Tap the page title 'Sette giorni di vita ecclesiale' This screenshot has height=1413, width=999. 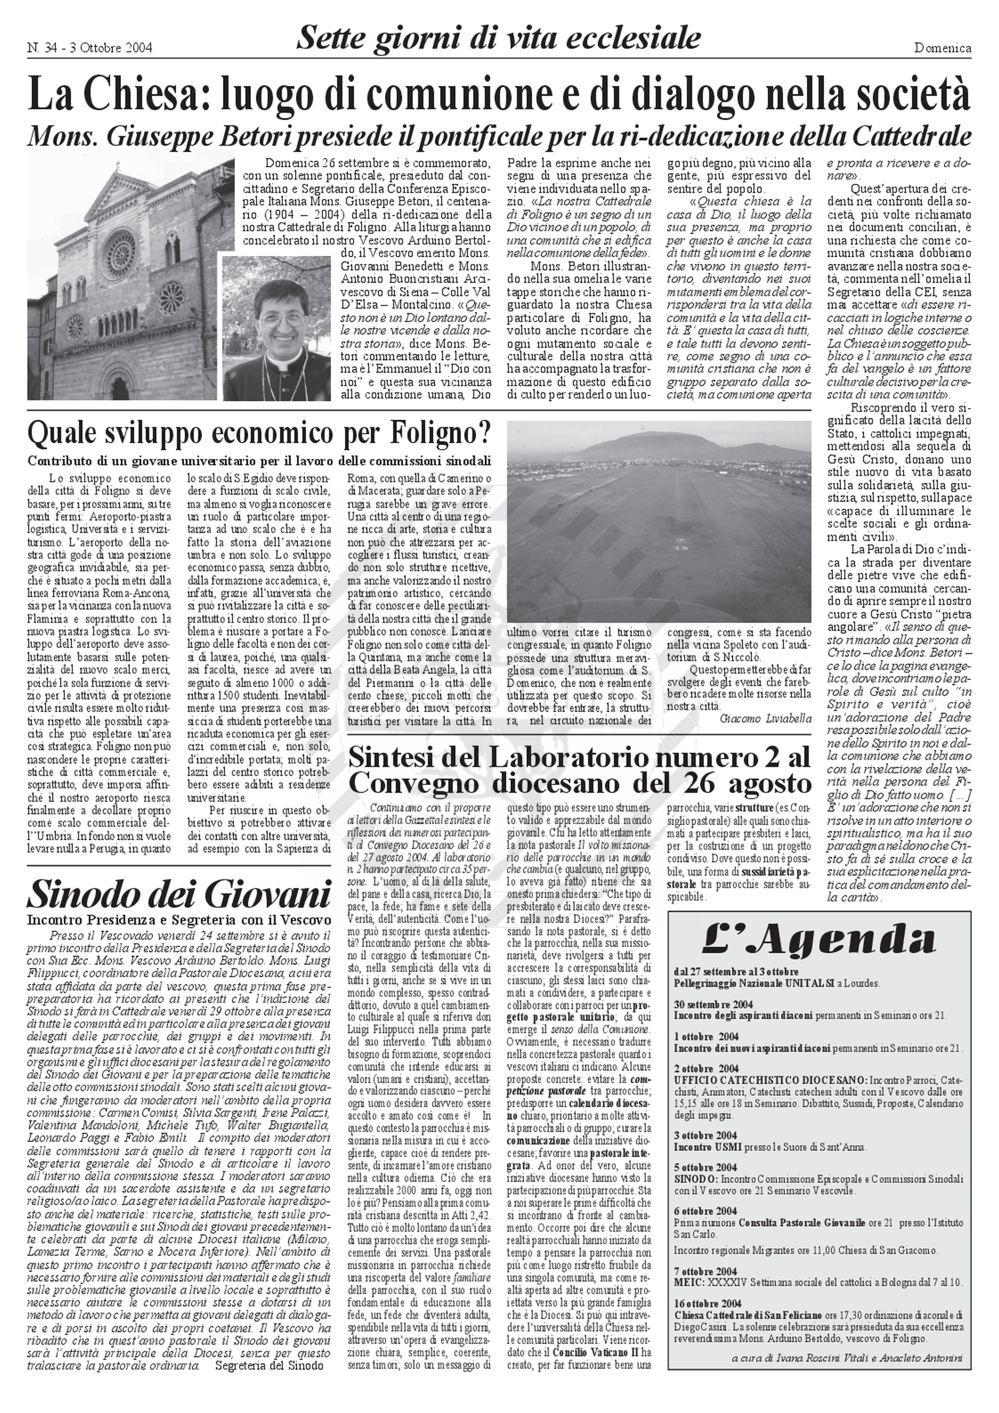tap(498, 38)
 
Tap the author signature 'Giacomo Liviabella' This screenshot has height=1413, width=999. tap(765, 718)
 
